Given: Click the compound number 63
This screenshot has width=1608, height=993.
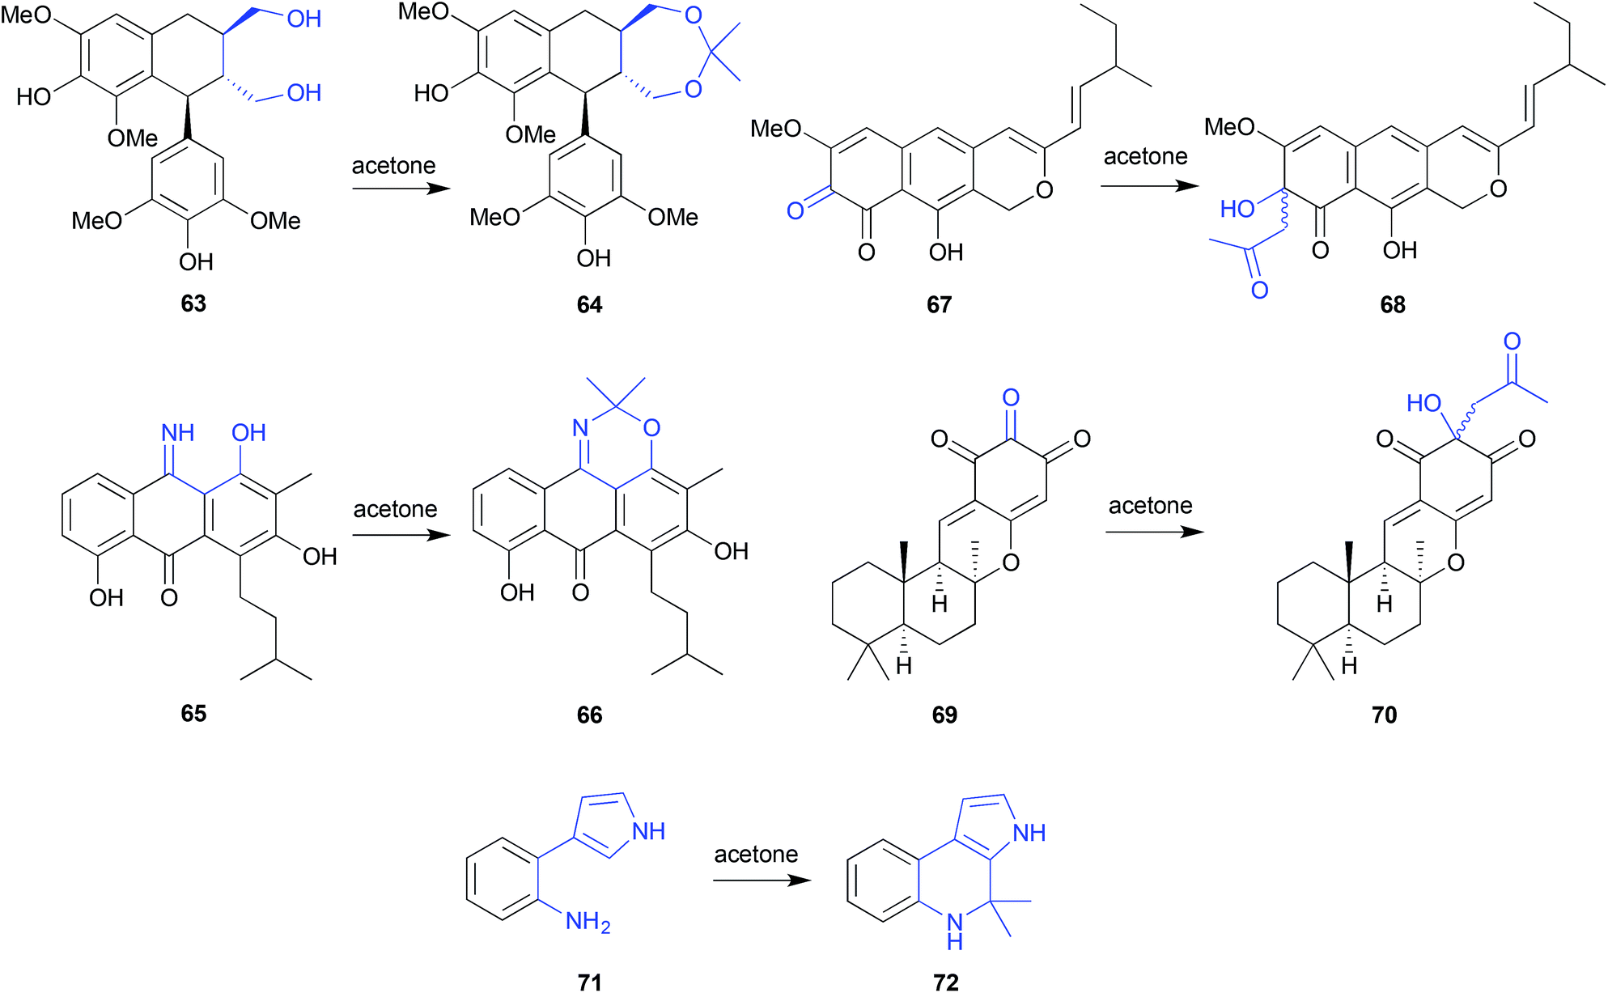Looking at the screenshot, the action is point(193,303).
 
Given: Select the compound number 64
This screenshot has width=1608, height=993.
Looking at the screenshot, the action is point(589,305).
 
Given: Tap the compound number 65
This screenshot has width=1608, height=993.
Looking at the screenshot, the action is point(193,713).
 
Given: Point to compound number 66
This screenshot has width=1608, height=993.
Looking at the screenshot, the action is point(589,715).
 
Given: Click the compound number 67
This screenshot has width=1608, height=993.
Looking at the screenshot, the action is point(939,305).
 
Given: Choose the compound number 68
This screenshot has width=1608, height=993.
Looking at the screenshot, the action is point(1393,305).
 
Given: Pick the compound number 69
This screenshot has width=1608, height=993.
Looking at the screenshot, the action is point(944,715).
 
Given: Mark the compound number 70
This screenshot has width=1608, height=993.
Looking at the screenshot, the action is point(1385,715).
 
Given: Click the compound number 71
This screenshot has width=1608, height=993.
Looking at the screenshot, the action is point(590,982).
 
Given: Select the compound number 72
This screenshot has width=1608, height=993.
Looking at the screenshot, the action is point(945,982).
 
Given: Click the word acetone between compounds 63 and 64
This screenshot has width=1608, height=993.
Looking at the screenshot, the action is point(393,166).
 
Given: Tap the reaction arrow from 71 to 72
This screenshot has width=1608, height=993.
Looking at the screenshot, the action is point(762,880).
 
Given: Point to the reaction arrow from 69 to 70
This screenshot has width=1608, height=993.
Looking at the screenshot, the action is point(1155,532).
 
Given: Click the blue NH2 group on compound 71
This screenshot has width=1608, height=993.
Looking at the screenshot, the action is point(588,922).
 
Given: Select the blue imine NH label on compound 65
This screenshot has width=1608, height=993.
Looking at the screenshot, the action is point(178,433).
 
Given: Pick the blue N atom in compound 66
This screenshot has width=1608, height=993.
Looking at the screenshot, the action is point(580,427).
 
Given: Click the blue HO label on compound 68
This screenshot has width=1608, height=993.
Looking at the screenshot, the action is point(1237,209).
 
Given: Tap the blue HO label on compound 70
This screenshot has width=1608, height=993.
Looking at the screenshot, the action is point(1423,403).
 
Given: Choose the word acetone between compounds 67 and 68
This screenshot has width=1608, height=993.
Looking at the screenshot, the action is point(1145,156).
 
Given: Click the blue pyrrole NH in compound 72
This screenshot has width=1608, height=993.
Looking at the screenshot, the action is point(1029,833).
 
